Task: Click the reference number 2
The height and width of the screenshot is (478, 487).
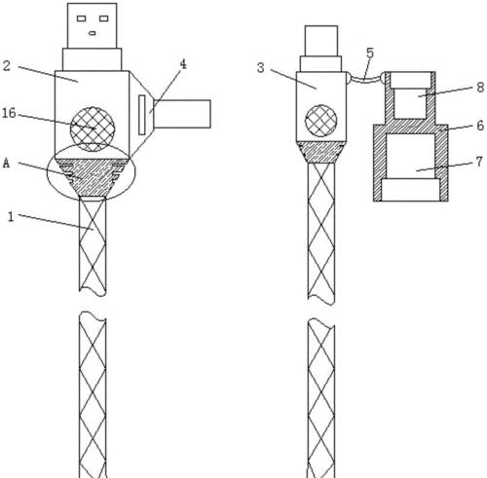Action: [x=7, y=66]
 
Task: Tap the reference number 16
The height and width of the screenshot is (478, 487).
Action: [x=9, y=113]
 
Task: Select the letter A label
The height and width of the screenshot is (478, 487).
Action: [x=6, y=164]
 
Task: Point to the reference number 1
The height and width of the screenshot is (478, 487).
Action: [x=11, y=216]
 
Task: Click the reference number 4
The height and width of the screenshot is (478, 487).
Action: [x=183, y=64]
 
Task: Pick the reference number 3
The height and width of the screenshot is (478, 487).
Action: [x=261, y=68]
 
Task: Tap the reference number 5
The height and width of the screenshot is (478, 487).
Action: [x=370, y=53]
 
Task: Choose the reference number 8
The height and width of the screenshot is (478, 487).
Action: [x=480, y=87]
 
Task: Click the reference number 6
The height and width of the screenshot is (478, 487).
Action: [x=480, y=126]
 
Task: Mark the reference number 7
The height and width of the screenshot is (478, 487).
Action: [x=479, y=162]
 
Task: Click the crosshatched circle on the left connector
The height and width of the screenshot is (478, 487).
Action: [x=93, y=129]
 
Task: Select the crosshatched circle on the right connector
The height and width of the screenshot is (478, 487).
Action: [x=320, y=121]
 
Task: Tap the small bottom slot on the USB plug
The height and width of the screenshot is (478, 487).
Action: [x=93, y=33]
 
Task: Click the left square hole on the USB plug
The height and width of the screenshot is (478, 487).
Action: [x=81, y=18]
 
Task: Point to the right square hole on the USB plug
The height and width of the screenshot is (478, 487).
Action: [x=103, y=18]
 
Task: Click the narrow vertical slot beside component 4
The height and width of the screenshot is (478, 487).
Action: [x=142, y=115]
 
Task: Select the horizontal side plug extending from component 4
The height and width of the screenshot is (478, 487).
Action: [x=182, y=114]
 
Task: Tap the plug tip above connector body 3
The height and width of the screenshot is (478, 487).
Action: [x=321, y=41]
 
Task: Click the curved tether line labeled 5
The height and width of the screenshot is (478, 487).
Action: [x=365, y=79]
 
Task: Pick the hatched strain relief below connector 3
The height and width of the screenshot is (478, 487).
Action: [x=320, y=152]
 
